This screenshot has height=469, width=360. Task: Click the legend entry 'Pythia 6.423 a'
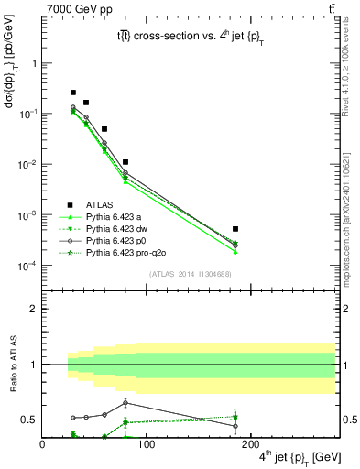[115, 217]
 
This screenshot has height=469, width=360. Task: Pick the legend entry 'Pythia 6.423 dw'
[118, 228]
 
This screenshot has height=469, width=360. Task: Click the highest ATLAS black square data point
[73, 93]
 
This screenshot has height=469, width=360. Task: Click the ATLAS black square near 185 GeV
[235, 229]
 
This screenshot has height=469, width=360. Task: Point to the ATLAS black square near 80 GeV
[125, 162]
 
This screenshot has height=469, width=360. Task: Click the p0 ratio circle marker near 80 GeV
[125, 402]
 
